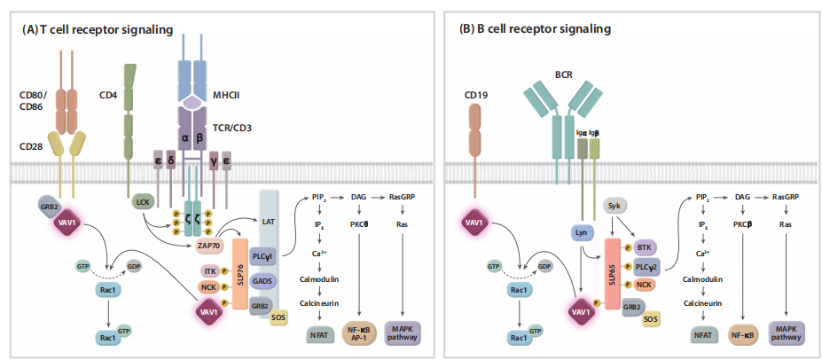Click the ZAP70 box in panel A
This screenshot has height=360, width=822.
[x=207, y=244]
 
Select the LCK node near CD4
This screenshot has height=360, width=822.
[x=142, y=203]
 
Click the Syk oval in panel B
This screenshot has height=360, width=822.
[x=613, y=206]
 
